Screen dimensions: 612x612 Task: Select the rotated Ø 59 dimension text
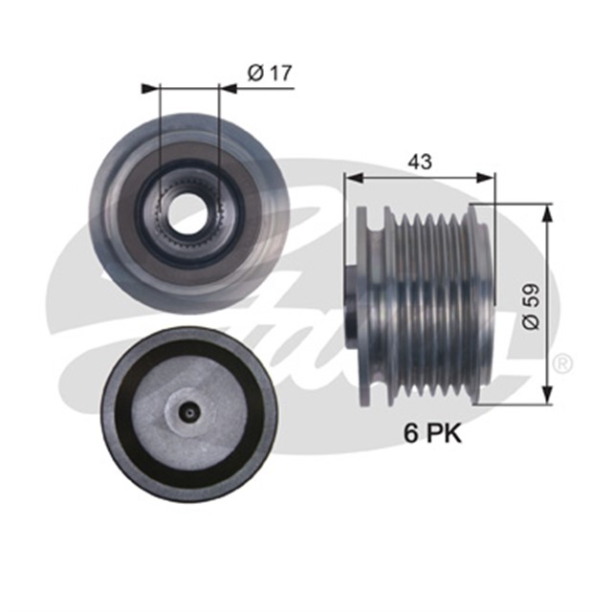[532, 304]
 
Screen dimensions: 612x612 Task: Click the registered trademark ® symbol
[564, 363]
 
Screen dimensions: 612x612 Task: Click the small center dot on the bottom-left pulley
[190, 412]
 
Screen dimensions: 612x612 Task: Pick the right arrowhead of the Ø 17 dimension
[229, 88]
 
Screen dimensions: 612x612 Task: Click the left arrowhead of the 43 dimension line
[352, 177]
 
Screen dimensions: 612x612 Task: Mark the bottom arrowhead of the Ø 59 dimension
[546, 396]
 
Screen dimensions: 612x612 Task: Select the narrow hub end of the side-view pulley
[352, 303]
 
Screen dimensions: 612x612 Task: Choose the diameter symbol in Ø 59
[532, 321]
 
